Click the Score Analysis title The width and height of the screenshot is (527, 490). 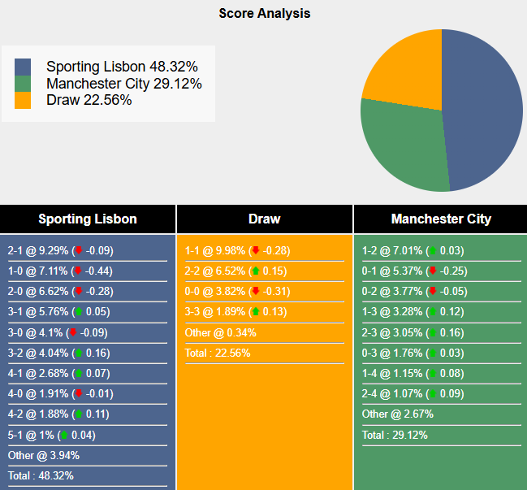[x=264, y=13]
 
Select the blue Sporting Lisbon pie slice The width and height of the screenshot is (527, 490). [x=483, y=114]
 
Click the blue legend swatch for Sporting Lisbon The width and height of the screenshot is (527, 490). [x=23, y=67]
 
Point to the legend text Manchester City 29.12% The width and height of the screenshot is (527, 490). [x=123, y=84]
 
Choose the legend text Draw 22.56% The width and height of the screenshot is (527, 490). [x=89, y=100]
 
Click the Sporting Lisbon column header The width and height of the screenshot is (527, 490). [x=88, y=219]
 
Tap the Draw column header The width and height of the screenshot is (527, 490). [x=264, y=219]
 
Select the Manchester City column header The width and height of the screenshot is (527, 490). [x=440, y=219]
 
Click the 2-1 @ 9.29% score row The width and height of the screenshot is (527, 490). [x=60, y=251]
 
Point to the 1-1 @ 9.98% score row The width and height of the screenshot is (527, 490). [x=237, y=251]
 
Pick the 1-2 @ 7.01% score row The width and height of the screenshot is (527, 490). [x=414, y=251]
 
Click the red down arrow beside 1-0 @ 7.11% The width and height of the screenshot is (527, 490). [x=77, y=271]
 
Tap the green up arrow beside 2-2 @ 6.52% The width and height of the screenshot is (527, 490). [x=255, y=271]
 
